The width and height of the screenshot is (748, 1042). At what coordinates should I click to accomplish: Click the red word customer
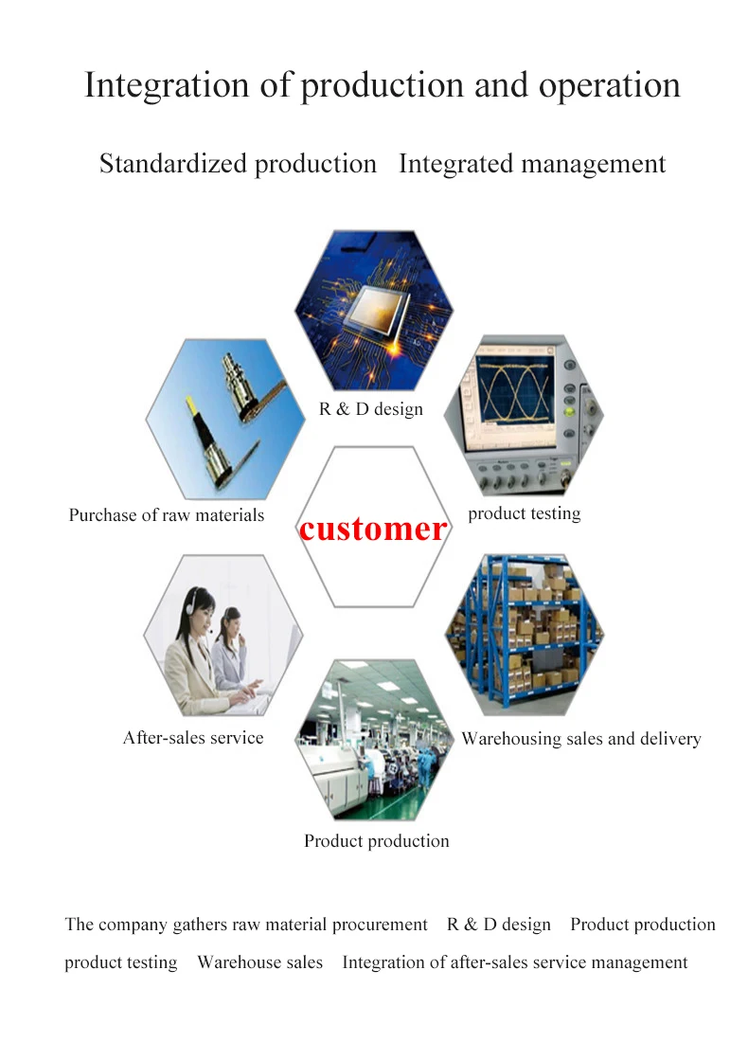[x=372, y=529]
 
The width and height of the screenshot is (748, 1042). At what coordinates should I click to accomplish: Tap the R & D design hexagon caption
[x=370, y=409]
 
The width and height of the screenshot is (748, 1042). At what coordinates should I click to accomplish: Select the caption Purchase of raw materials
[x=166, y=516]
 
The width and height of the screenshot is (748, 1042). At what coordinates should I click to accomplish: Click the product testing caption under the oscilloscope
[x=524, y=513]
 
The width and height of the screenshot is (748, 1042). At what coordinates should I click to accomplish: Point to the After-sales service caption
[x=193, y=738]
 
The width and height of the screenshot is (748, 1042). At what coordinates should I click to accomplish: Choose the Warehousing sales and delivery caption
[x=580, y=739]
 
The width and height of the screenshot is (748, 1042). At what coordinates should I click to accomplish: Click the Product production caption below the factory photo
[x=376, y=841]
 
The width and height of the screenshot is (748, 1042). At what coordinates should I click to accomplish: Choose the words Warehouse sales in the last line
[x=259, y=962]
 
